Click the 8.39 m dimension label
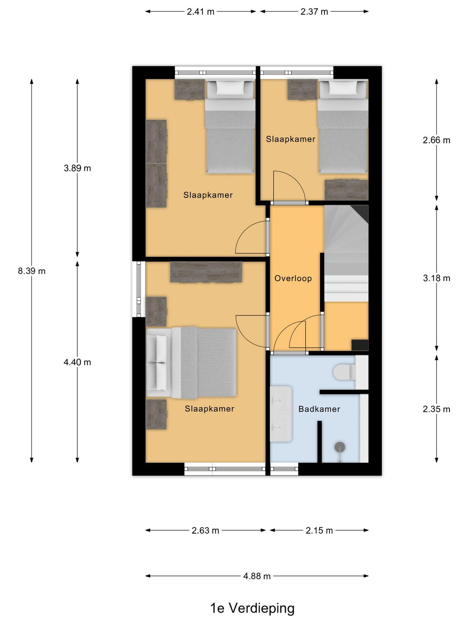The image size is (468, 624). pos(32,271)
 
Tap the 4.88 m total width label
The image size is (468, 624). pos(257,576)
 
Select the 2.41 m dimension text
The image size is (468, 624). pos(200,12)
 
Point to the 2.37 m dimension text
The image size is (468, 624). pos(314,12)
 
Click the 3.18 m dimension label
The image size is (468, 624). pos(436,278)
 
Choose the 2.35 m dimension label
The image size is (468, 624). pos(436,409)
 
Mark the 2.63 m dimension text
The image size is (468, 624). pos(205,531)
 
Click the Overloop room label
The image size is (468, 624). pos(293,278)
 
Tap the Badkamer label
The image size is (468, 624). pos(319,409)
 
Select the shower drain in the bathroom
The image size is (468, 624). pos(340,447)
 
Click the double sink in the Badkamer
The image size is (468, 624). pos(281,414)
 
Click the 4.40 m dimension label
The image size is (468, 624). pos(77,362)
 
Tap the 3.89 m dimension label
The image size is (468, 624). pos(77,168)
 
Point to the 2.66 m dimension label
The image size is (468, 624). pos(436,140)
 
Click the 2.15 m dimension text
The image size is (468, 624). pos(319,531)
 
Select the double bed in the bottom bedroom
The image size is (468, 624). pos(191,362)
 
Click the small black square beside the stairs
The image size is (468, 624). pos(360,345)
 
